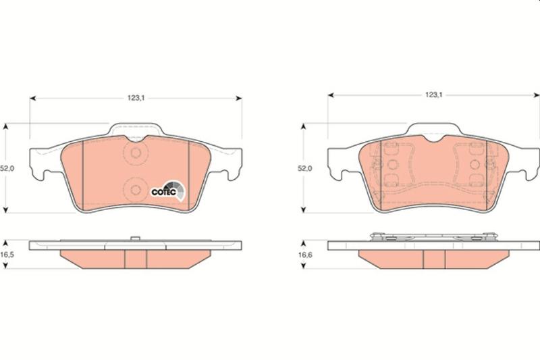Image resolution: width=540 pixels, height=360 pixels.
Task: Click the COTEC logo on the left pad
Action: [168, 191]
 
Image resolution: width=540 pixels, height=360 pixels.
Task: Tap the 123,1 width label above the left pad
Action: [136, 98]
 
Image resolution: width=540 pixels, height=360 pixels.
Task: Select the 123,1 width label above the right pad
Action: [434, 95]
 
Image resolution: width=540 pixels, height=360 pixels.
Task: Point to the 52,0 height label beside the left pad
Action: [7, 168]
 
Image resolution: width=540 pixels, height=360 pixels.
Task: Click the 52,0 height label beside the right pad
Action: [305, 168]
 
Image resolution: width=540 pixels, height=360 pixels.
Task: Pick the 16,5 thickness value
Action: [7, 255]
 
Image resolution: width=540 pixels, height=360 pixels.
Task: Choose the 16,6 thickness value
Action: [305, 255]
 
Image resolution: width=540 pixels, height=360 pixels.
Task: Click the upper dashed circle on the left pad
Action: [136, 153]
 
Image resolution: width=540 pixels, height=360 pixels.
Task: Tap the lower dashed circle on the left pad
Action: [136, 190]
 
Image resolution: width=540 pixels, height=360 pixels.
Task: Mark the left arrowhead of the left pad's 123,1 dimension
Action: [33, 99]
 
